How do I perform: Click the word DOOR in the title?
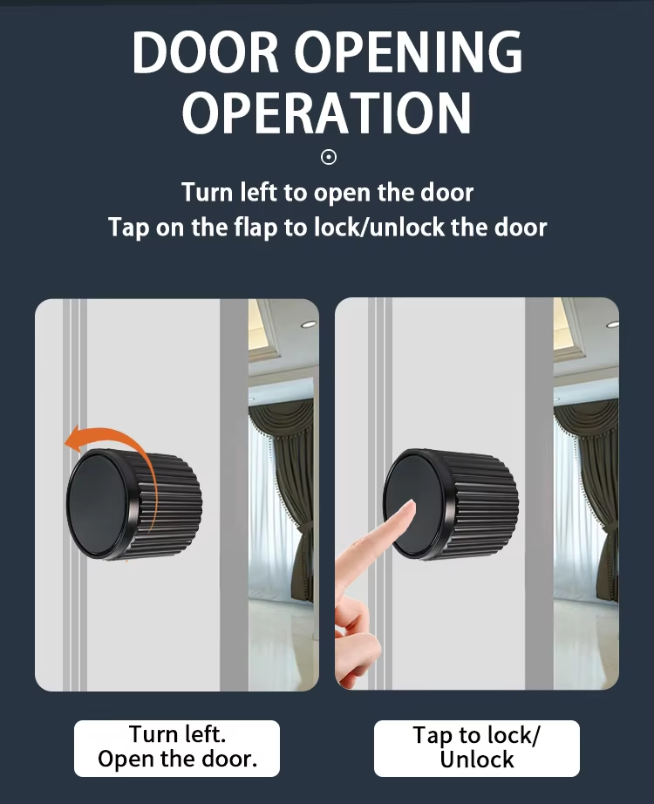click(205, 52)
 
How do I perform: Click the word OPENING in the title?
click(408, 52)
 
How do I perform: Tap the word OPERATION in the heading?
click(327, 112)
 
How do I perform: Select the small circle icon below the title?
click(328, 157)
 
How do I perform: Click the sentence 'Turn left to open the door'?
click(327, 193)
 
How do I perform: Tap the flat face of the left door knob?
click(98, 502)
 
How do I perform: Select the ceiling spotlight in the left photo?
click(309, 324)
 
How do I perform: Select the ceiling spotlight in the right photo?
click(612, 324)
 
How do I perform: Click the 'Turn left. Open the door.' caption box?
click(177, 748)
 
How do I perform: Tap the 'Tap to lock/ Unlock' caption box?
click(476, 748)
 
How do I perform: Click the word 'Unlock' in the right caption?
click(476, 760)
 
